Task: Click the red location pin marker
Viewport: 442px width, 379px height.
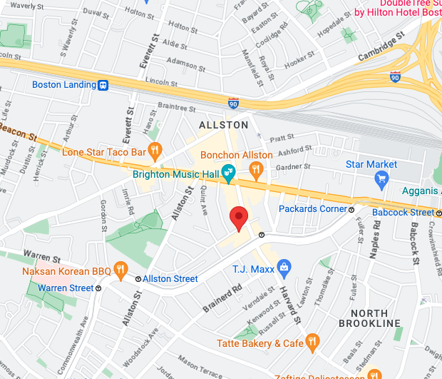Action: coord(239,217)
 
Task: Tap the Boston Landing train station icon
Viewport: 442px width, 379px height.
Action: coord(103,85)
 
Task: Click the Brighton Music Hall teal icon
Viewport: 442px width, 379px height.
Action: coord(228,171)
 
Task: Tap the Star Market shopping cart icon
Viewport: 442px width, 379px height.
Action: coord(381,178)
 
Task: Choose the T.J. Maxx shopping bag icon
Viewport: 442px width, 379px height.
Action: coord(284,268)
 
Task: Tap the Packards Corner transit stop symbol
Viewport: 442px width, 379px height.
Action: coord(351,209)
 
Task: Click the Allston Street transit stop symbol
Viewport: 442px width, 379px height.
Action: coord(138,279)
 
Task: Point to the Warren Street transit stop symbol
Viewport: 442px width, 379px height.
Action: coord(98,288)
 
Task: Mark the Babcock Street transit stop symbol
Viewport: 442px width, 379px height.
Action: coord(437,212)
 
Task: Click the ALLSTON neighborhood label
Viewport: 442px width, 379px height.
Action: coord(223,125)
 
